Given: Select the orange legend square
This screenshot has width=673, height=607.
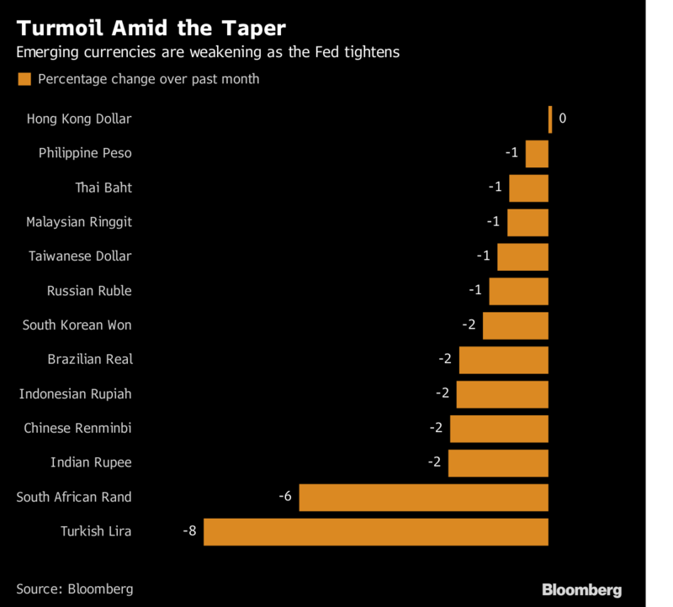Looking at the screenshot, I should pos(24,79).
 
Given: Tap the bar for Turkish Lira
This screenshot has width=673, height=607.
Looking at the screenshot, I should pos(376,531).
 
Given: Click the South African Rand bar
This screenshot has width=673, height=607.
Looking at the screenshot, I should pos(424,497).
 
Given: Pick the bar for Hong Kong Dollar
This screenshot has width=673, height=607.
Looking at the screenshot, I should pos(550,119).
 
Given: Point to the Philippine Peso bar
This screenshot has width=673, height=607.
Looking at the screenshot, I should pos(537,153).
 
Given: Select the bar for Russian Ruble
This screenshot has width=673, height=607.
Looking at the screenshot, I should pos(518,291).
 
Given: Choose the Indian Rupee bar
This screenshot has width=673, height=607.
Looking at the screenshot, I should pos(498,462).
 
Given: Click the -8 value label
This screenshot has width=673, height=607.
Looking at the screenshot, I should pos(189,531).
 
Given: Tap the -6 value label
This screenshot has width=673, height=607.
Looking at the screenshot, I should pos(284,497).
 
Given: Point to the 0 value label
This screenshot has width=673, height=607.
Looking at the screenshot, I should pos(562,119).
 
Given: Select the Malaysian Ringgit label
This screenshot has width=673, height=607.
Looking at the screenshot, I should pos(79,222).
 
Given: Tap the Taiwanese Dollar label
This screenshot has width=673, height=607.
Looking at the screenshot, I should pos(80,256).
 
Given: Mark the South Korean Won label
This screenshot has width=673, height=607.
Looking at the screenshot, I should pos(77,325).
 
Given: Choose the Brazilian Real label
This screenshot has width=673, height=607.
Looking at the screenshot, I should pos(90,360).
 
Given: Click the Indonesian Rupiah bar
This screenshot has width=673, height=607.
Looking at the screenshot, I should pos(502,394).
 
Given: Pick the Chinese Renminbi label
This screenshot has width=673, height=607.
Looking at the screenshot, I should pos(77,429).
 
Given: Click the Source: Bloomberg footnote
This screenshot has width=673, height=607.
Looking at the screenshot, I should pos(74,589).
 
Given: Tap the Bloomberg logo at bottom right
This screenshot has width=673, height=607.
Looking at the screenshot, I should pos(581,589).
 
